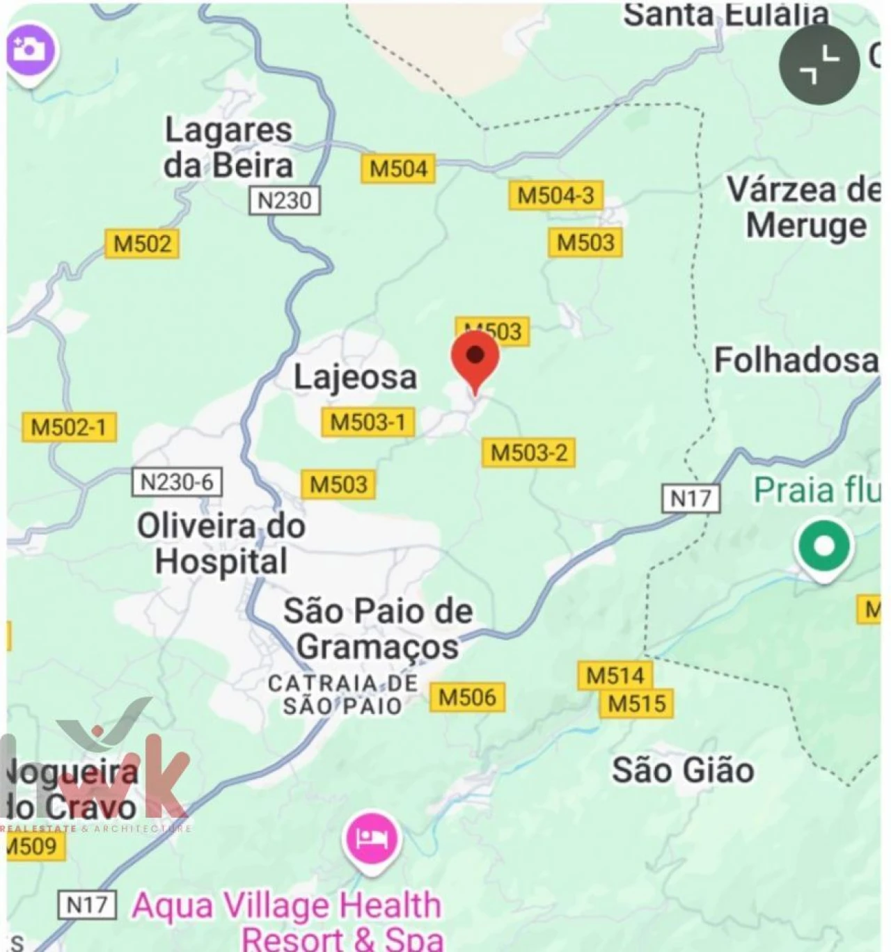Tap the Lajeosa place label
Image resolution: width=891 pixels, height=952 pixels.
pos(355,377)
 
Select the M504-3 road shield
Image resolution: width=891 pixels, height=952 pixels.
pos(555,196)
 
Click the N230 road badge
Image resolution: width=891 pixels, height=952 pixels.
pos(285,200)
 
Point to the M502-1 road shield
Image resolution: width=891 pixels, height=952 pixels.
pos(69,427)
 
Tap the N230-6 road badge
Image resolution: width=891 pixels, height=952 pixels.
pos(177,482)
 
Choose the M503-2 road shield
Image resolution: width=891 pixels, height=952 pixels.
pos(528,453)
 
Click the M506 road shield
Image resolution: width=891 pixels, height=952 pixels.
pos(467,697)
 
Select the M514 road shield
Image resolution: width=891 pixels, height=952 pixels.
pos(615,675)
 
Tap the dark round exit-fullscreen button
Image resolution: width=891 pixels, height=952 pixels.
pos(819,65)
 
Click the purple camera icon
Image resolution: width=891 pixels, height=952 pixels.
pos(30,50)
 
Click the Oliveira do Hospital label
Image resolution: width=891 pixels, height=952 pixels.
pos(221,544)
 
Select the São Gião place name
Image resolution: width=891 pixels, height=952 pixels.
pos(683,770)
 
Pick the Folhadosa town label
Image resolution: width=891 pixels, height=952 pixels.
pos(796,360)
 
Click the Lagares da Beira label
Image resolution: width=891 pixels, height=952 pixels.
pos(228,148)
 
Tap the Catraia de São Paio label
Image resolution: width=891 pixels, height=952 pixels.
pos(342,694)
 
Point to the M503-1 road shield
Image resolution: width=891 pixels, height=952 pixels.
pos(368,422)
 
